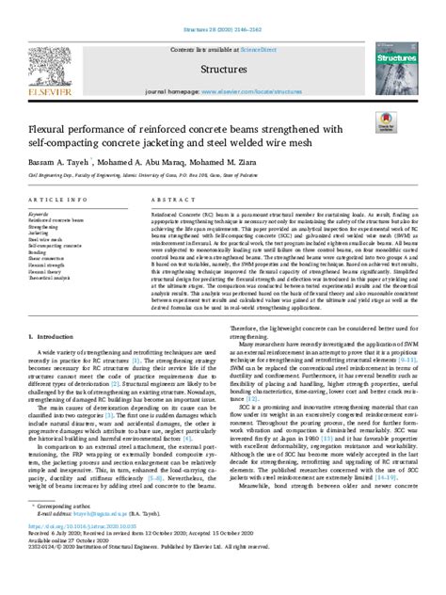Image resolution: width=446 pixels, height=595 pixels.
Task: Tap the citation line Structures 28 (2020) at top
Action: (223, 8)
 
